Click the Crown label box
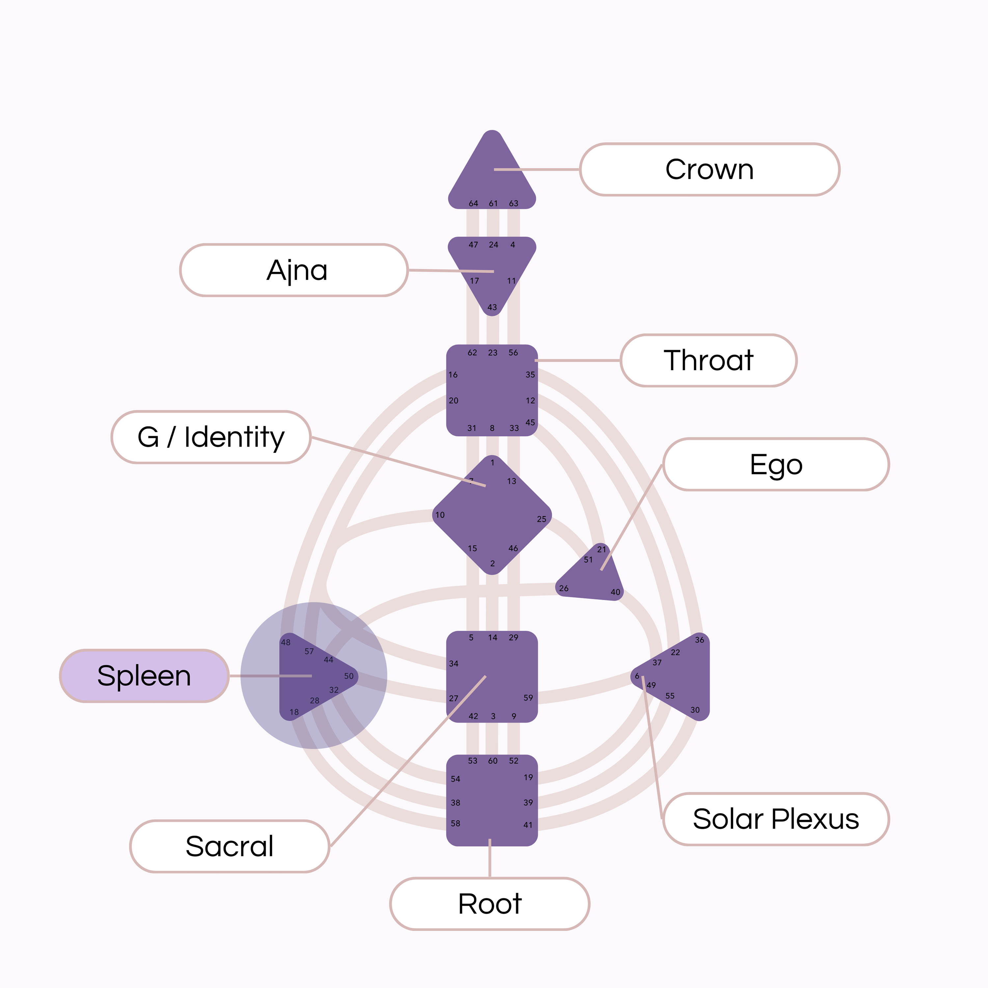coord(709,169)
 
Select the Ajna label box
coord(294,270)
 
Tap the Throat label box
coord(709,361)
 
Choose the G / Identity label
coord(211,437)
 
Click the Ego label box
coord(776,464)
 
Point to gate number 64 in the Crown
coord(474,204)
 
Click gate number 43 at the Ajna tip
coord(492,307)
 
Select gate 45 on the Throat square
coord(530,423)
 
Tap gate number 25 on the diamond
coord(541,519)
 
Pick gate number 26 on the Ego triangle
coord(563,588)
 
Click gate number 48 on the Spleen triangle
coord(286,642)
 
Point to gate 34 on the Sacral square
coord(453,664)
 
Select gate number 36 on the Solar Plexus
coord(700,640)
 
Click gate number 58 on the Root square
coord(455,823)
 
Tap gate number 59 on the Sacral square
coord(528,698)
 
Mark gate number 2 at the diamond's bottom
coord(492,563)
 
